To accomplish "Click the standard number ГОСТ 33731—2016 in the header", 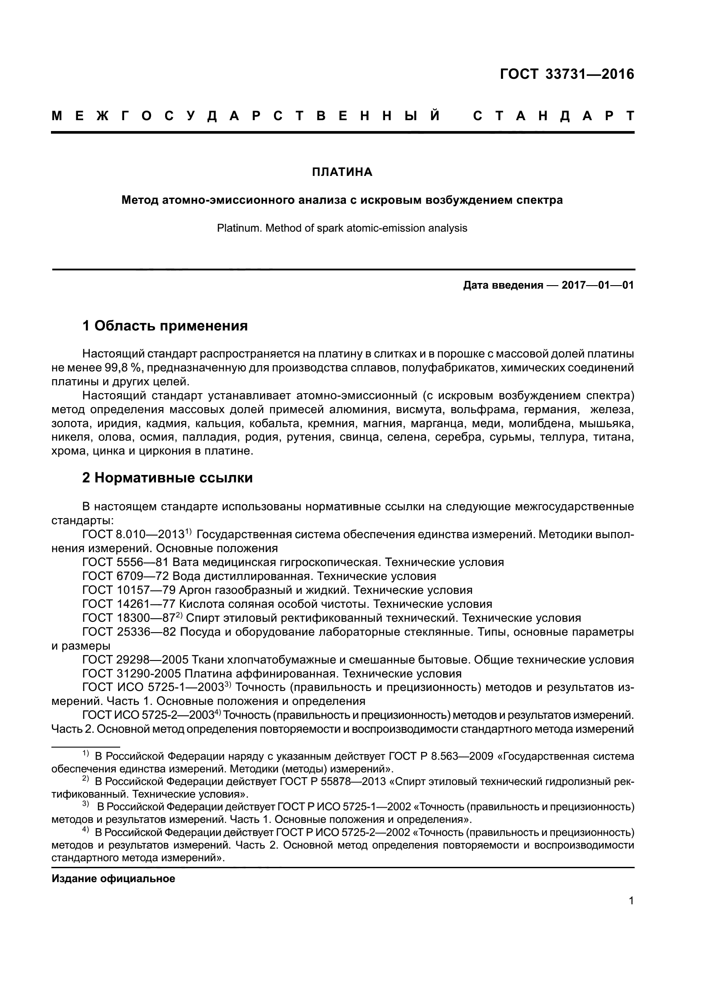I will (567, 74).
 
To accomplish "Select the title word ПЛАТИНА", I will (342, 172).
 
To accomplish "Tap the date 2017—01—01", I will (598, 285).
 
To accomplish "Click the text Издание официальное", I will (113, 879).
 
